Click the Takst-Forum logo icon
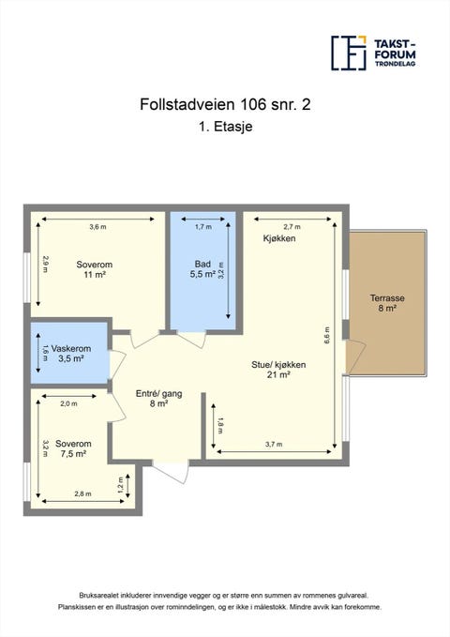(x=348, y=53)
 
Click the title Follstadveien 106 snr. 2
(x=224, y=106)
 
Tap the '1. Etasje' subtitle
(x=224, y=131)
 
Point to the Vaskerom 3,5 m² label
(x=70, y=354)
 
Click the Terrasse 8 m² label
(x=386, y=302)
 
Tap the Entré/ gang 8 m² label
(x=151, y=398)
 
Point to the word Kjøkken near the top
(x=278, y=239)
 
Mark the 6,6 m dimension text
(x=327, y=335)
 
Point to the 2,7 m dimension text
(x=292, y=227)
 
